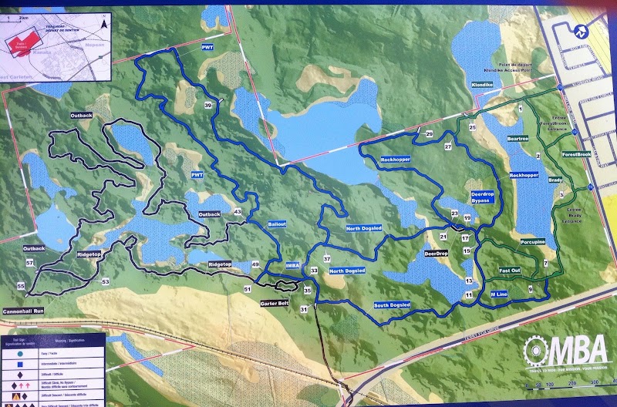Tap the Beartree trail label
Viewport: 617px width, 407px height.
pyautogui.click(x=518, y=140)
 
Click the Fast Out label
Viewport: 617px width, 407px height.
pyautogui.click(x=510, y=271)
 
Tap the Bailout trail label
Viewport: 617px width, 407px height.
pyautogui.click(x=278, y=224)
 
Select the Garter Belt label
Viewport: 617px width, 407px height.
pyautogui.click(x=275, y=303)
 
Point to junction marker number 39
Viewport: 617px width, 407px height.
pyautogui.click(x=208, y=106)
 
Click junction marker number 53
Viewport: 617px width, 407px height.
pyautogui.click(x=106, y=282)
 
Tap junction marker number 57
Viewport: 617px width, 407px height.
pyautogui.click(x=30, y=264)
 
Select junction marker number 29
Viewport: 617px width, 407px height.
pyautogui.click(x=429, y=134)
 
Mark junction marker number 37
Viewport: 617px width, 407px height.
pyautogui.click(x=327, y=259)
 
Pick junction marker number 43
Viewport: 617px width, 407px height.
pyautogui.click(x=237, y=212)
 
